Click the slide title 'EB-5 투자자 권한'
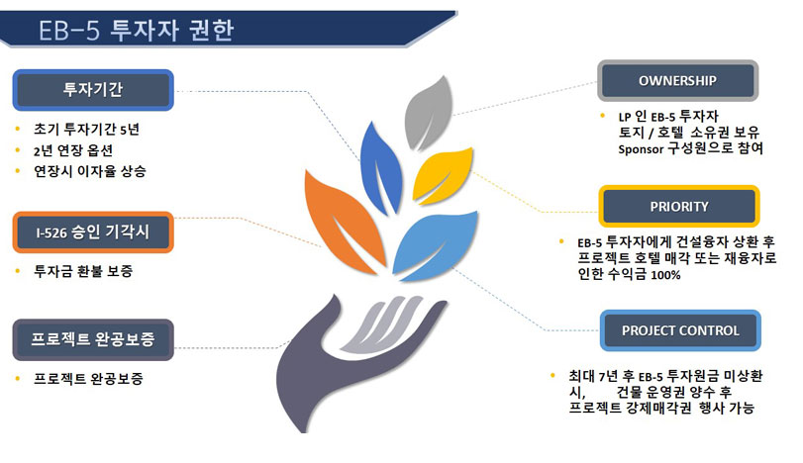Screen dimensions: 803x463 (137, 31)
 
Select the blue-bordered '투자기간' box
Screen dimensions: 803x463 (93, 90)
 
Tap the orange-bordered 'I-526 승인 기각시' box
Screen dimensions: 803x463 (93, 232)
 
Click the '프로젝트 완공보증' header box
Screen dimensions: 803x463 (93, 339)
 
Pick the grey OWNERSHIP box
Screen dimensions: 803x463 (677, 81)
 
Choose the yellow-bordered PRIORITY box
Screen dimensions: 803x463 (679, 206)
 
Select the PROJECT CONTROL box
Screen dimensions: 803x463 (680, 330)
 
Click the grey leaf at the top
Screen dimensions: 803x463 (428, 114)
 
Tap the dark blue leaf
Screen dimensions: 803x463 (380, 169)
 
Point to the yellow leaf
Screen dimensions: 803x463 (442, 175)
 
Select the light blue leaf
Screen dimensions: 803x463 (436, 245)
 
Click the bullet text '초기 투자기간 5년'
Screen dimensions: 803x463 (86, 129)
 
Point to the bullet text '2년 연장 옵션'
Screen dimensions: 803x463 (73, 150)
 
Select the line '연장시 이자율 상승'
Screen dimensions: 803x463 (90, 171)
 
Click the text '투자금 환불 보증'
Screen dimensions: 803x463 (83, 271)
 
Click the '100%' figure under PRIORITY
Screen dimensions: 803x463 (665, 275)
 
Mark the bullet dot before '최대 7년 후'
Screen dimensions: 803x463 (552, 375)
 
